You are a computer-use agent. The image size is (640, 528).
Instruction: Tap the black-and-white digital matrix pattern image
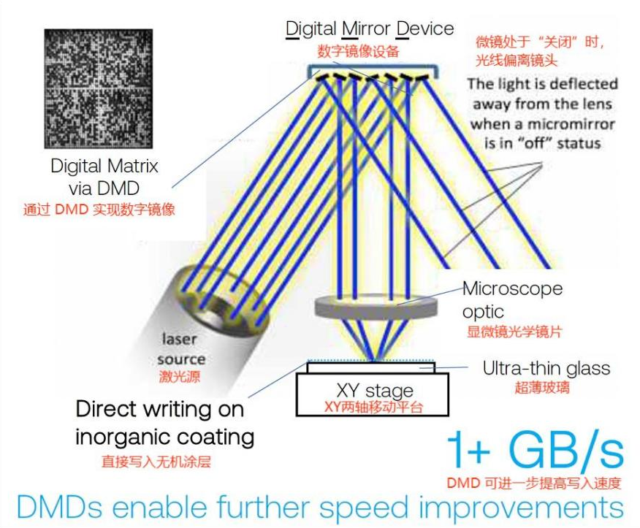click(99, 89)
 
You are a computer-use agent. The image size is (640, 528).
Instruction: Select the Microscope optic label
click(512, 299)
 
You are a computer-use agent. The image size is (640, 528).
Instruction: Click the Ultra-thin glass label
click(546, 368)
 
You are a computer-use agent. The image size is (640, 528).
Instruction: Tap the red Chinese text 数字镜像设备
click(359, 51)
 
